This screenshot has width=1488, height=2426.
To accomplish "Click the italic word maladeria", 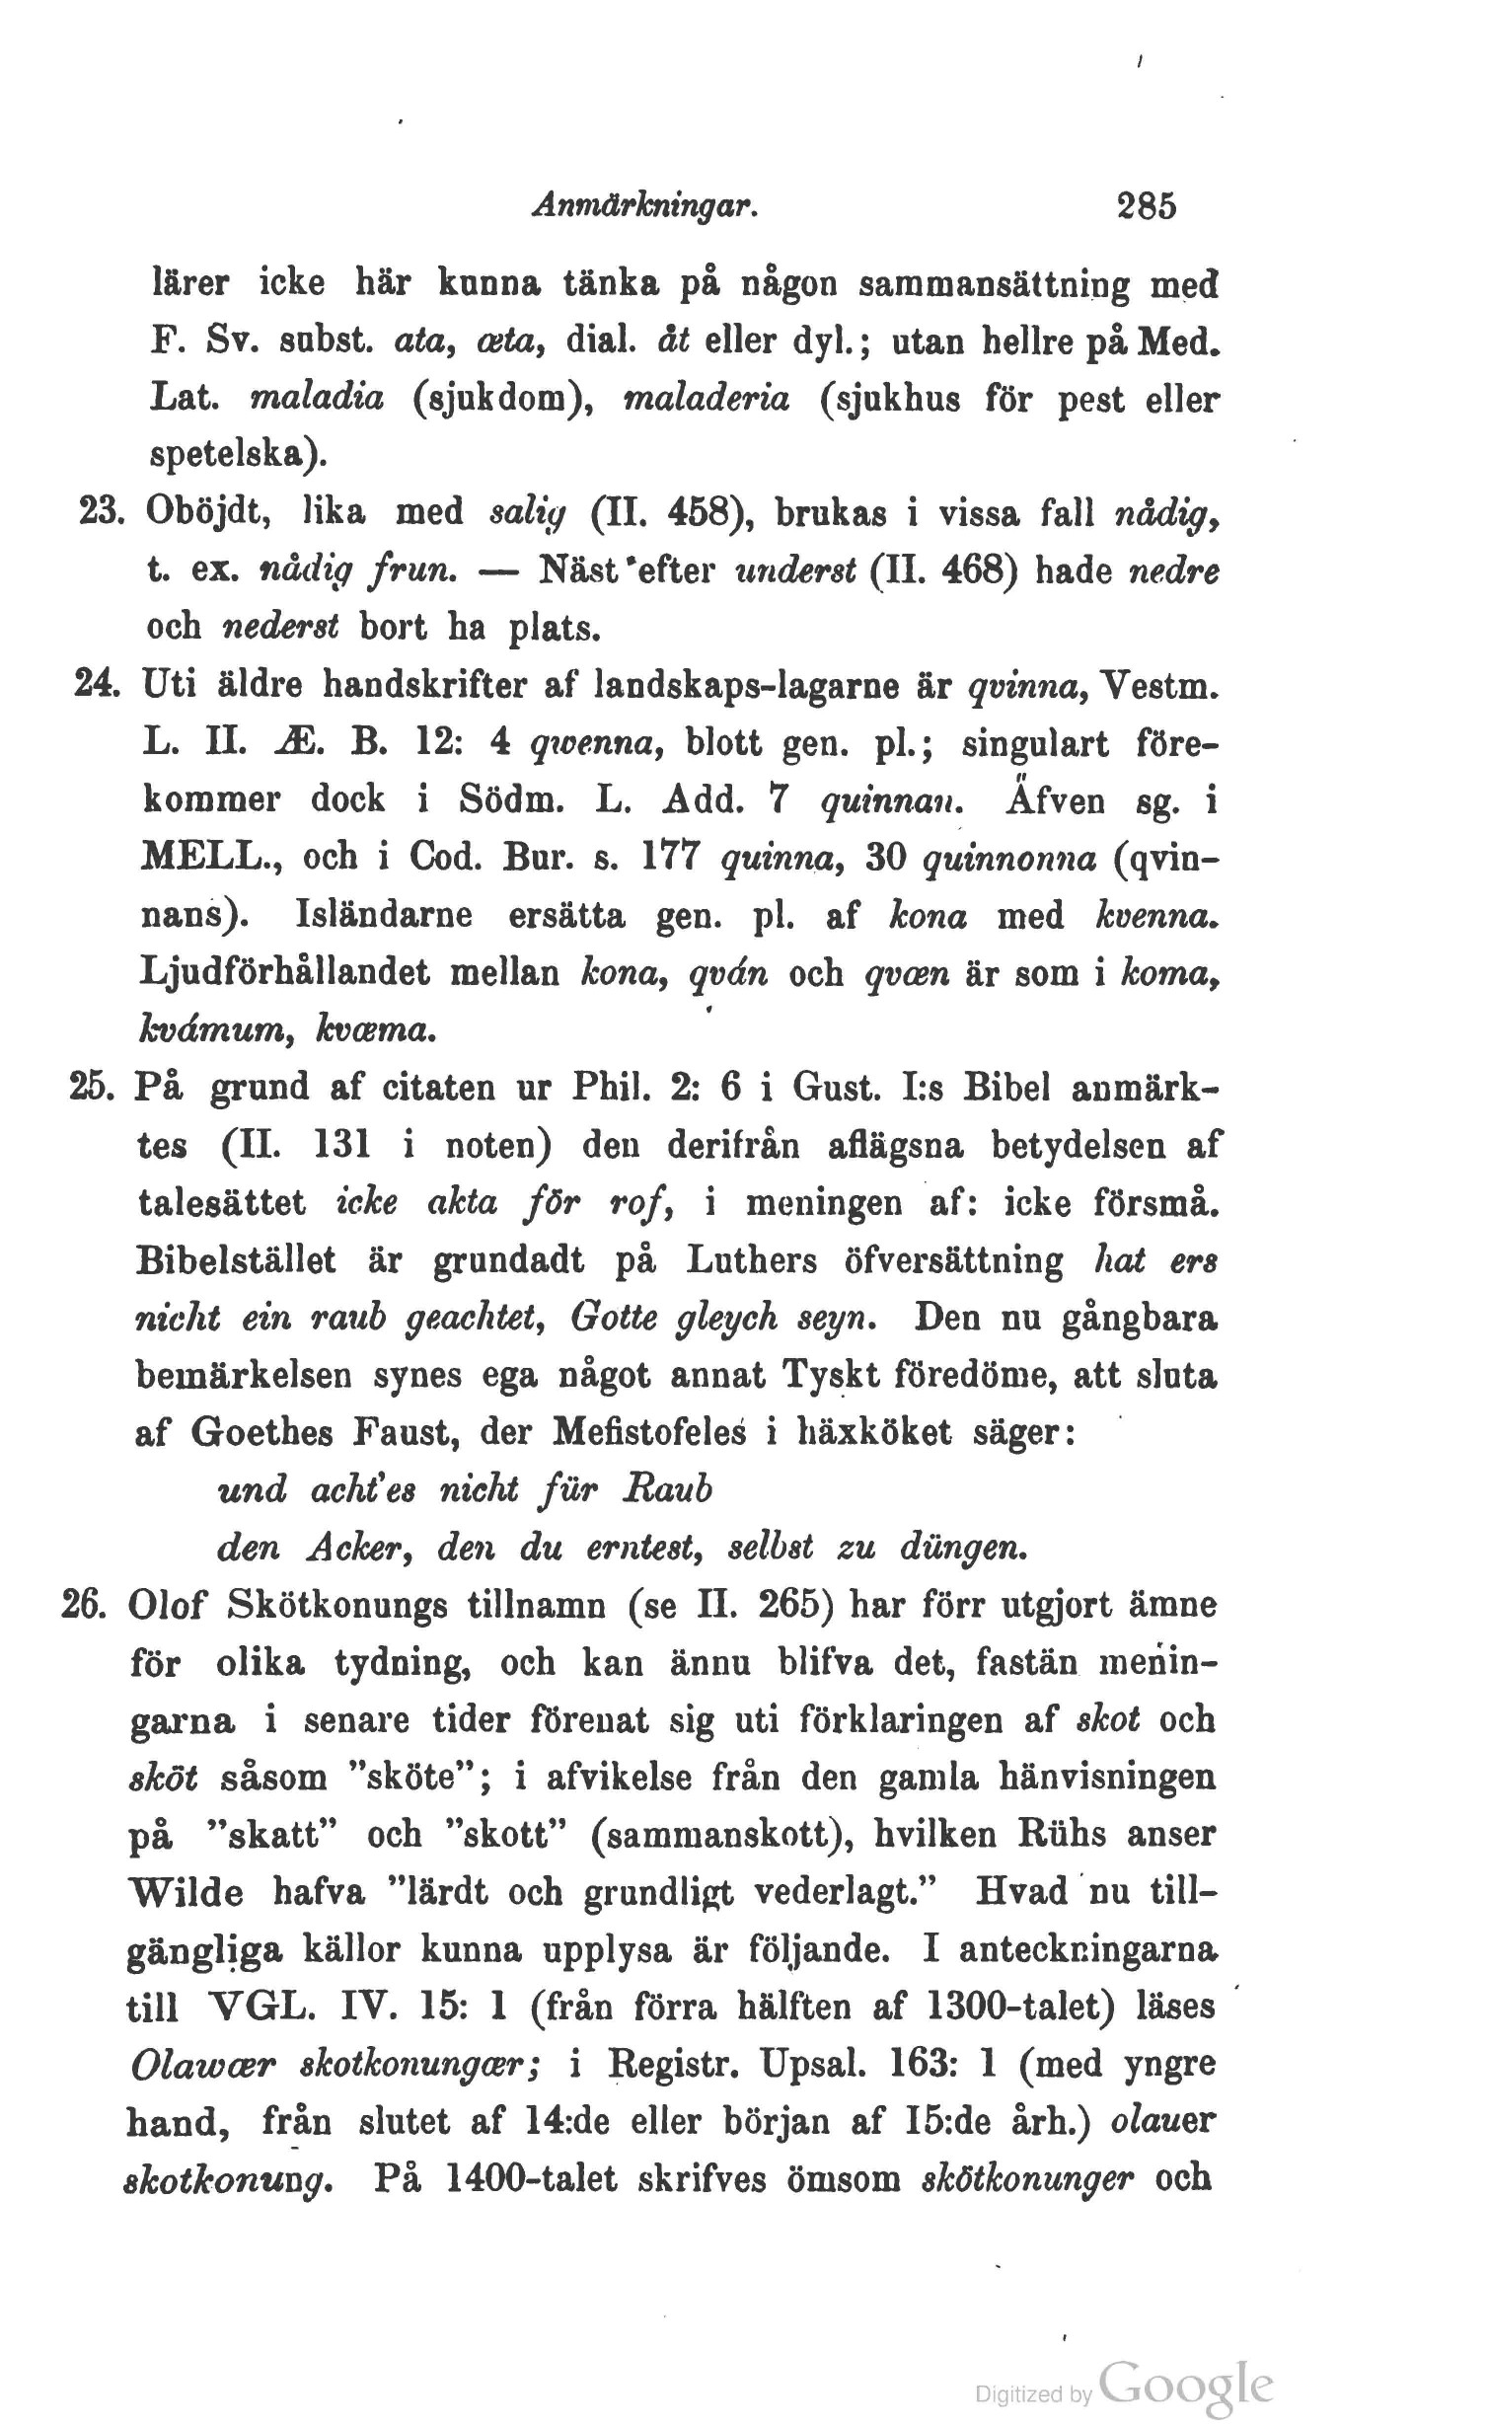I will [x=707, y=399].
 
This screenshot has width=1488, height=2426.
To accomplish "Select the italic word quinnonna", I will [x=1007, y=859].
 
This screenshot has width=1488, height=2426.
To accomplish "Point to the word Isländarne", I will [x=383, y=916].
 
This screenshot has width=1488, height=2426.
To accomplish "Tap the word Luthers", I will [x=751, y=1260].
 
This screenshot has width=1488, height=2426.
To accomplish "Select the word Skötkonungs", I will [x=336, y=1606].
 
